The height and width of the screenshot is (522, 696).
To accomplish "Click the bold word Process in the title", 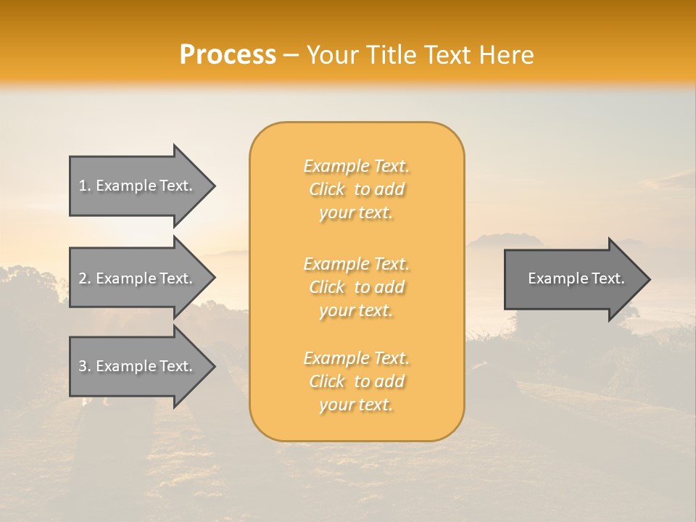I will point(228,55).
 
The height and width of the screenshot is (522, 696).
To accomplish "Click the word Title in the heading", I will point(389,55).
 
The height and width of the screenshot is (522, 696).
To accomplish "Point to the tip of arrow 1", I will point(214,186).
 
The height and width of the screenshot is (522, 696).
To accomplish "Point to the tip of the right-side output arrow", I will point(649,278).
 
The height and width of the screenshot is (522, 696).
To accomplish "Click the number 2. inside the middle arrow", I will point(85,278).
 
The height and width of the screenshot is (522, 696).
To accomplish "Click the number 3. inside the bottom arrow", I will point(85,366).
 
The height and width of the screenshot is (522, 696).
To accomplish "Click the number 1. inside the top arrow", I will point(85,186).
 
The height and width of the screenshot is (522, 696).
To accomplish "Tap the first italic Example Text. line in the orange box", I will point(356,166).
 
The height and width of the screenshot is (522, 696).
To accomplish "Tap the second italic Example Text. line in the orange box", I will point(356,263).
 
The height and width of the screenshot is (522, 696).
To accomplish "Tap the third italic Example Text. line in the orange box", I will point(356,358).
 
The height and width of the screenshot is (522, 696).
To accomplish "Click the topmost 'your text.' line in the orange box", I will point(356,213).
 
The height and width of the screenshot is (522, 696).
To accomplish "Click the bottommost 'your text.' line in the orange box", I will point(356,405).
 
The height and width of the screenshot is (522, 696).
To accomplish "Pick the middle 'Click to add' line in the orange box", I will point(356,287).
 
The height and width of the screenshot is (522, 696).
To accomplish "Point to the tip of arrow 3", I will point(214,366).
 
